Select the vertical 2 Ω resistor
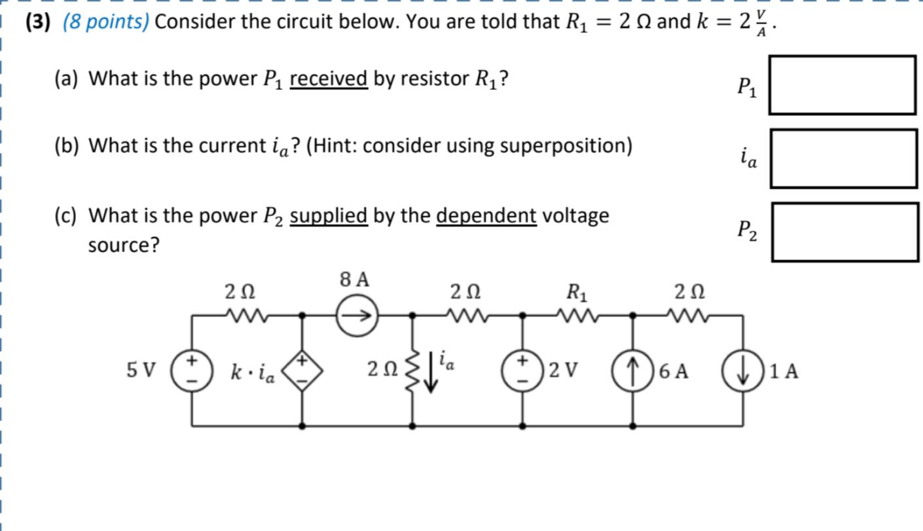(x=412, y=371)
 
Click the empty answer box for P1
(x=842, y=85)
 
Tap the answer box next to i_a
(x=843, y=158)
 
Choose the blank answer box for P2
(x=844, y=232)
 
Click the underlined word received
(x=328, y=79)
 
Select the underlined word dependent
(x=486, y=215)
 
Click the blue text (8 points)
(x=106, y=22)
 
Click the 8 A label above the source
(x=355, y=280)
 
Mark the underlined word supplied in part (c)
(x=329, y=215)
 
